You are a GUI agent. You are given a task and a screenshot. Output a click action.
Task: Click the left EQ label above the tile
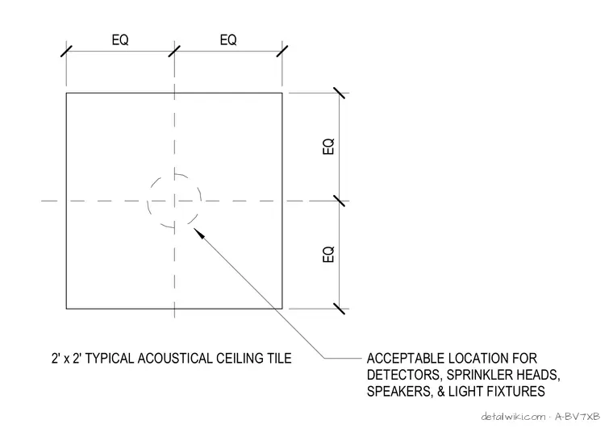click(120, 39)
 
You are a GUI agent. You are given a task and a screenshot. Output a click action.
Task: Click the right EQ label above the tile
click(228, 39)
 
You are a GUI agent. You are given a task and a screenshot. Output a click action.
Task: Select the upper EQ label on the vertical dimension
click(328, 147)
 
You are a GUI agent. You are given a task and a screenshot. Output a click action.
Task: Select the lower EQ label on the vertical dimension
click(328, 254)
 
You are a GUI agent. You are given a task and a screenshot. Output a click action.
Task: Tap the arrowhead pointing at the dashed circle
click(199, 233)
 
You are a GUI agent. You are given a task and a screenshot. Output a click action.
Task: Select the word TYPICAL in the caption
click(110, 358)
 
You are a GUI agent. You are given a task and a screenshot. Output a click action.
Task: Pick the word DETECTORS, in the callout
click(405, 375)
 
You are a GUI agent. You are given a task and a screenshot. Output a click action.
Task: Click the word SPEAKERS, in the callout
click(400, 392)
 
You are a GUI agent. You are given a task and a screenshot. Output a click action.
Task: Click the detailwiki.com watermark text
click(513, 417)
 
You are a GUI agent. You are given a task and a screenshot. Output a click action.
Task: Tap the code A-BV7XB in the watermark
click(577, 417)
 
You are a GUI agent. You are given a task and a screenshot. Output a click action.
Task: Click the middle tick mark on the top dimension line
click(174, 51)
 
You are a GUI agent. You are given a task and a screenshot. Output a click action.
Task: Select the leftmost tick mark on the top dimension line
click(66, 51)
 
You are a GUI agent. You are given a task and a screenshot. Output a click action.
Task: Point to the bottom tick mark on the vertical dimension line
click(340, 309)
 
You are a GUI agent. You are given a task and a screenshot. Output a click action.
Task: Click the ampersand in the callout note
click(441, 391)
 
